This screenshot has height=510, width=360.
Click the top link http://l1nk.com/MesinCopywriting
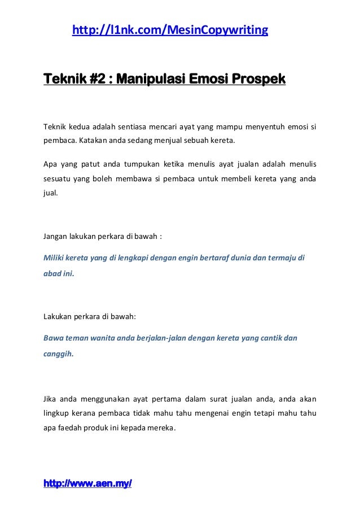pos(170,29)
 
